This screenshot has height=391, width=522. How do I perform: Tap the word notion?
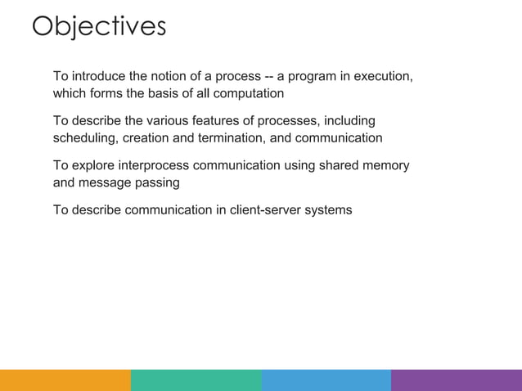169,77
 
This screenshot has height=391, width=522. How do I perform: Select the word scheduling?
85,138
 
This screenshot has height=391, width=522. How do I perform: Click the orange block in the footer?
65,380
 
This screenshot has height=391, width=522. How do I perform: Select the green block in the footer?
196,380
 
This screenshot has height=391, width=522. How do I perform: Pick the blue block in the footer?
326,380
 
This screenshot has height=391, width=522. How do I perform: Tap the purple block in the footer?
457,380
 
